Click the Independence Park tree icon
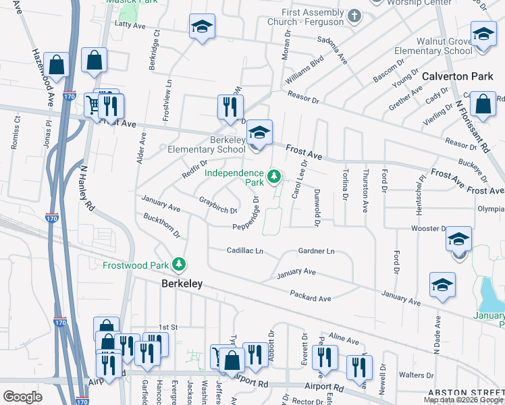[273, 177]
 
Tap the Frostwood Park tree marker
[179, 265]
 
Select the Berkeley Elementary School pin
[258, 132]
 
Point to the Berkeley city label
[182, 285]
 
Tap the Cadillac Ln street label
[244, 250]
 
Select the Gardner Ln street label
[316, 251]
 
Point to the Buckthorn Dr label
[161, 225]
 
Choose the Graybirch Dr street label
[219, 205]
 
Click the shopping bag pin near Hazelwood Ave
[57, 65]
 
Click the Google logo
[22, 397]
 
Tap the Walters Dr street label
[416, 375]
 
